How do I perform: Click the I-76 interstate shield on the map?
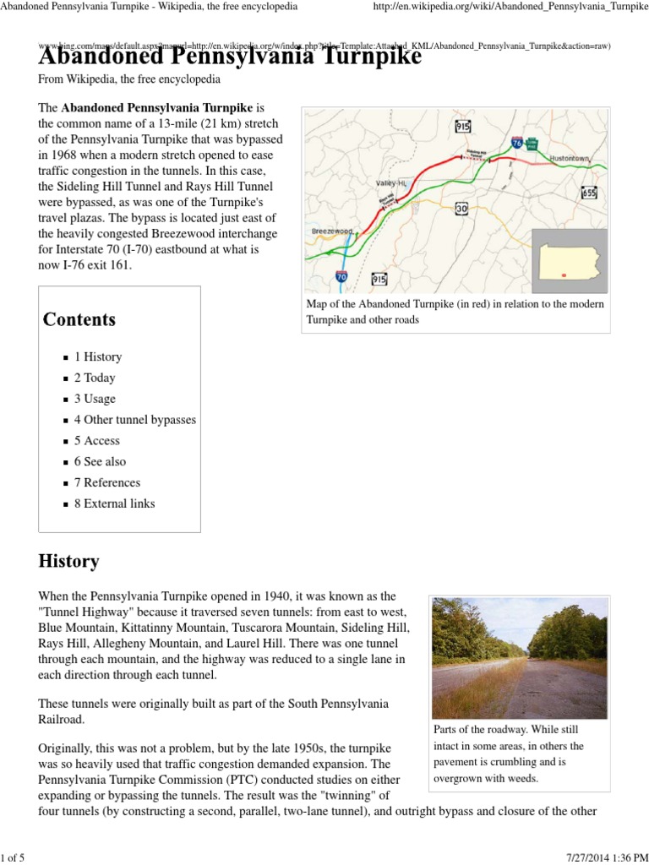tap(515, 144)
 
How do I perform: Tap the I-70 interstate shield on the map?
tap(341, 275)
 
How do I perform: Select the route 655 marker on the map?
tap(589, 193)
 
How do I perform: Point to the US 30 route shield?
tap(461, 208)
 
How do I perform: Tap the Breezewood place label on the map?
tap(332, 231)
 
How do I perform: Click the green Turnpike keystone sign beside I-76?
tap(532, 144)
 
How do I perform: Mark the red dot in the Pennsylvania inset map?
tap(563, 274)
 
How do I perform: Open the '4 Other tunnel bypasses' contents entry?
tap(134, 420)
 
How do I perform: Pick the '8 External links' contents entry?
tap(114, 503)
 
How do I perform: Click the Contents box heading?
tap(79, 319)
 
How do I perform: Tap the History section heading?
tap(68, 561)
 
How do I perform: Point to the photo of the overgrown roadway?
tap(519, 657)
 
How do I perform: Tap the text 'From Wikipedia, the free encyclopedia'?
tap(129, 79)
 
